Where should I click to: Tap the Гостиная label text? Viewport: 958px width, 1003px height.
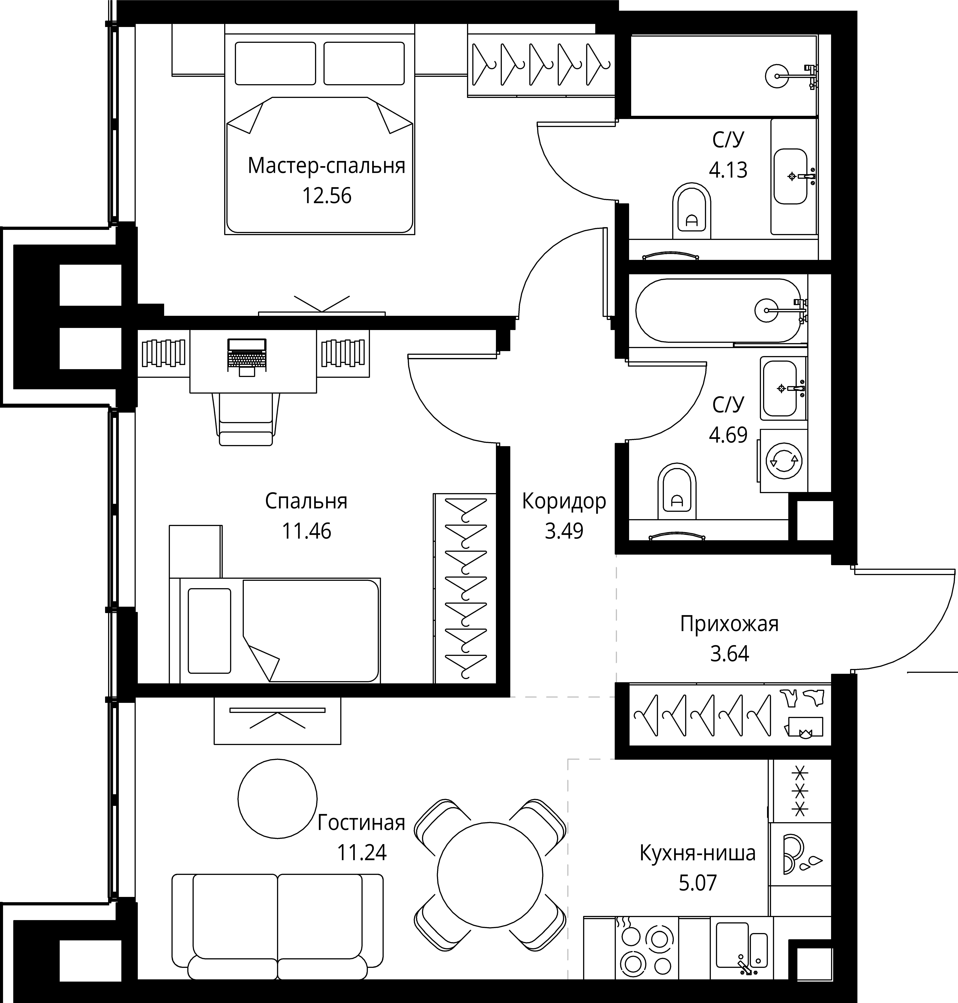point(361,823)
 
